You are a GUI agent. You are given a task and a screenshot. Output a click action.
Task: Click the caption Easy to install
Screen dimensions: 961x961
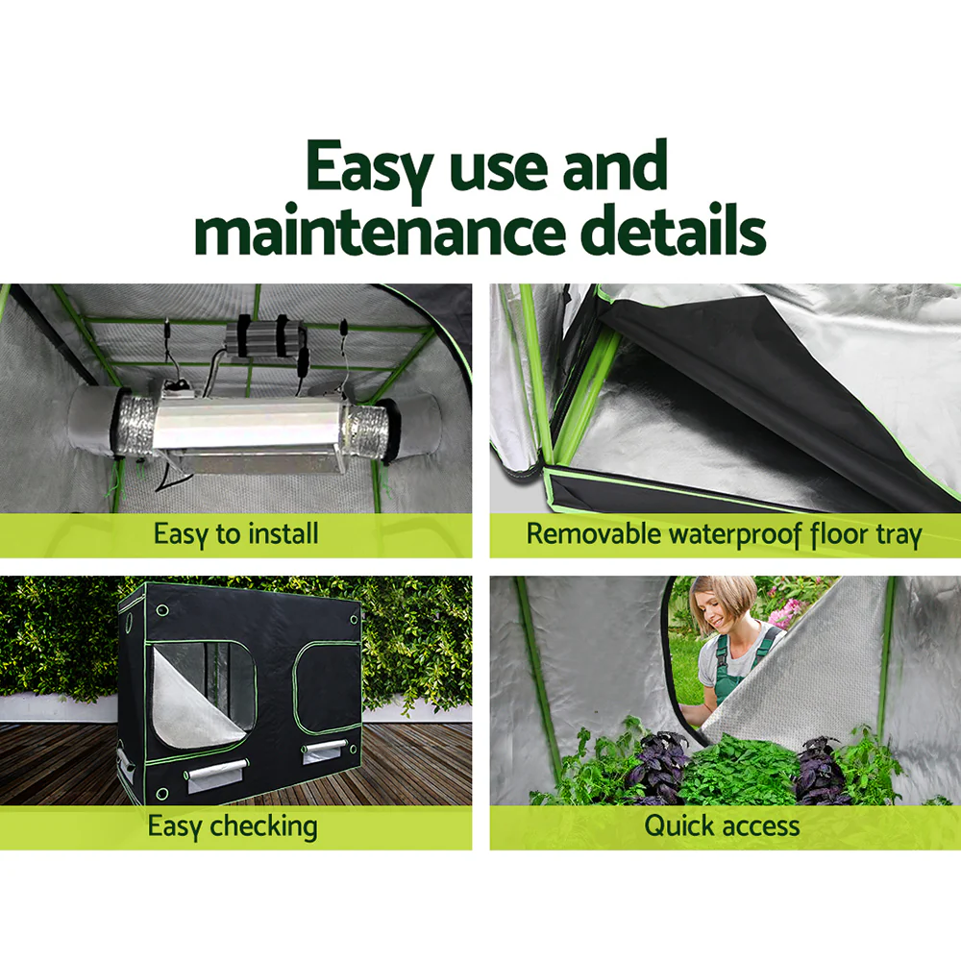(x=235, y=534)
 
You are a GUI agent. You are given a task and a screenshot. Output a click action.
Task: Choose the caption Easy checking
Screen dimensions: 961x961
(x=232, y=825)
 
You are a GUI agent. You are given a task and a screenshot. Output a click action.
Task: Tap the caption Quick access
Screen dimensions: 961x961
(x=721, y=825)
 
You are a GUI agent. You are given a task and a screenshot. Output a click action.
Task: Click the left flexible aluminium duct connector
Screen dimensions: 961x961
(x=131, y=422)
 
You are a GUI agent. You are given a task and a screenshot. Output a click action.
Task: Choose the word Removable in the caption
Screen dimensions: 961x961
(x=587, y=534)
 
